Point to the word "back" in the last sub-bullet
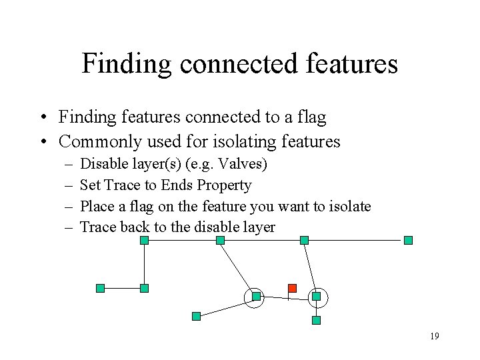point(135,227)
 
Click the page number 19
point(435,336)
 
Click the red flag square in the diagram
point(292,288)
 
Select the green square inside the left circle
point(255,297)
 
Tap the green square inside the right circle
point(316,296)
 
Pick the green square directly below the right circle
point(316,320)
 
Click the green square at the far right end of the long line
point(409,240)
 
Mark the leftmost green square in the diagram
point(100,288)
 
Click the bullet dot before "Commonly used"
point(42,142)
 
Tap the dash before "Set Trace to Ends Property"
point(69,185)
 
